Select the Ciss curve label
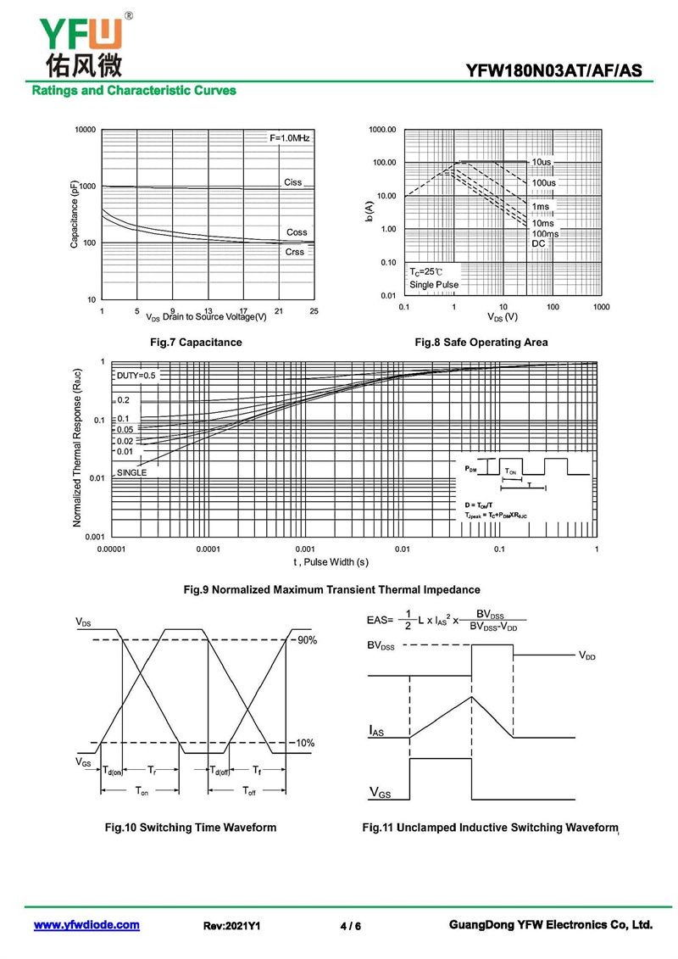[x=292, y=182]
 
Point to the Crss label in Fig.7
[x=294, y=252]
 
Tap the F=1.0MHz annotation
[x=290, y=137]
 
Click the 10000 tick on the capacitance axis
[x=84, y=130]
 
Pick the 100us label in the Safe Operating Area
[x=544, y=183]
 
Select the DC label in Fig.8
[x=538, y=243]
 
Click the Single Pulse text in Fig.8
[x=434, y=285]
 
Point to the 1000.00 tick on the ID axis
[x=382, y=130]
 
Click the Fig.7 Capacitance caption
[x=195, y=343]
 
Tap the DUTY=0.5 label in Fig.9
[x=136, y=375]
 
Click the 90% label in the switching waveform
[x=306, y=640]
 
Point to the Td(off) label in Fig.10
[x=220, y=771]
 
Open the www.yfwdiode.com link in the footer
[x=86, y=925]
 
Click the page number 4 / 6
[x=350, y=926]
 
